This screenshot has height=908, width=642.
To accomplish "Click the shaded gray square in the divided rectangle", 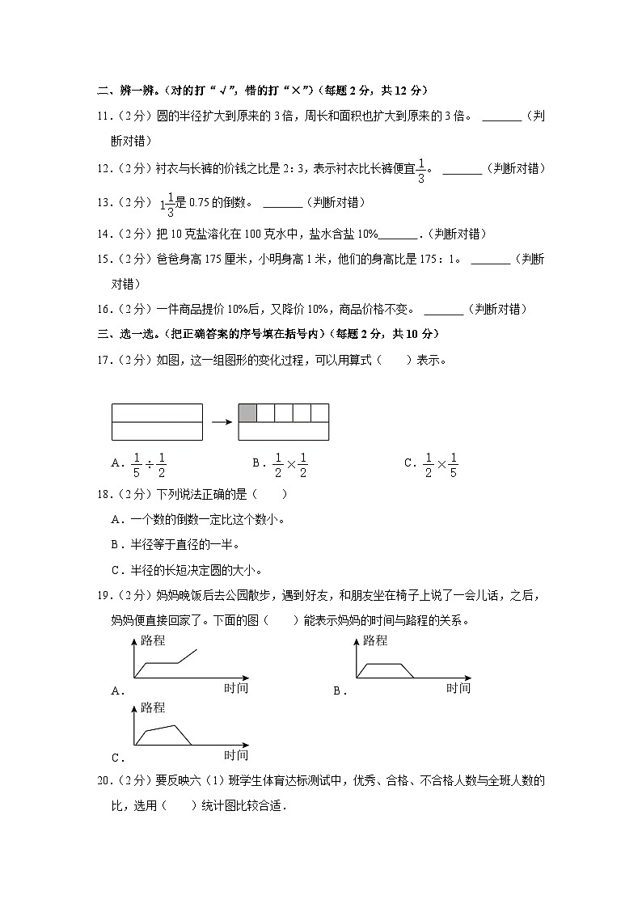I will pyautogui.click(x=247, y=413).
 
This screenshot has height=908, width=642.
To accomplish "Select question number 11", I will pyautogui.click(x=103, y=116).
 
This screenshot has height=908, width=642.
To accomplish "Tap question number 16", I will pyautogui.click(x=103, y=309).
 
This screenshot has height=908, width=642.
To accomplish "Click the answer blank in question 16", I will pyautogui.click(x=443, y=309).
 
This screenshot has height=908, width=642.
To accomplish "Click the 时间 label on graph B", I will pyautogui.click(x=458, y=688).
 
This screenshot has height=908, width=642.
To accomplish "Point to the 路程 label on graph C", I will pyautogui.click(x=152, y=707).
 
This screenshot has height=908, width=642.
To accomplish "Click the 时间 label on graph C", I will pyautogui.click(x=235, y=755).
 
